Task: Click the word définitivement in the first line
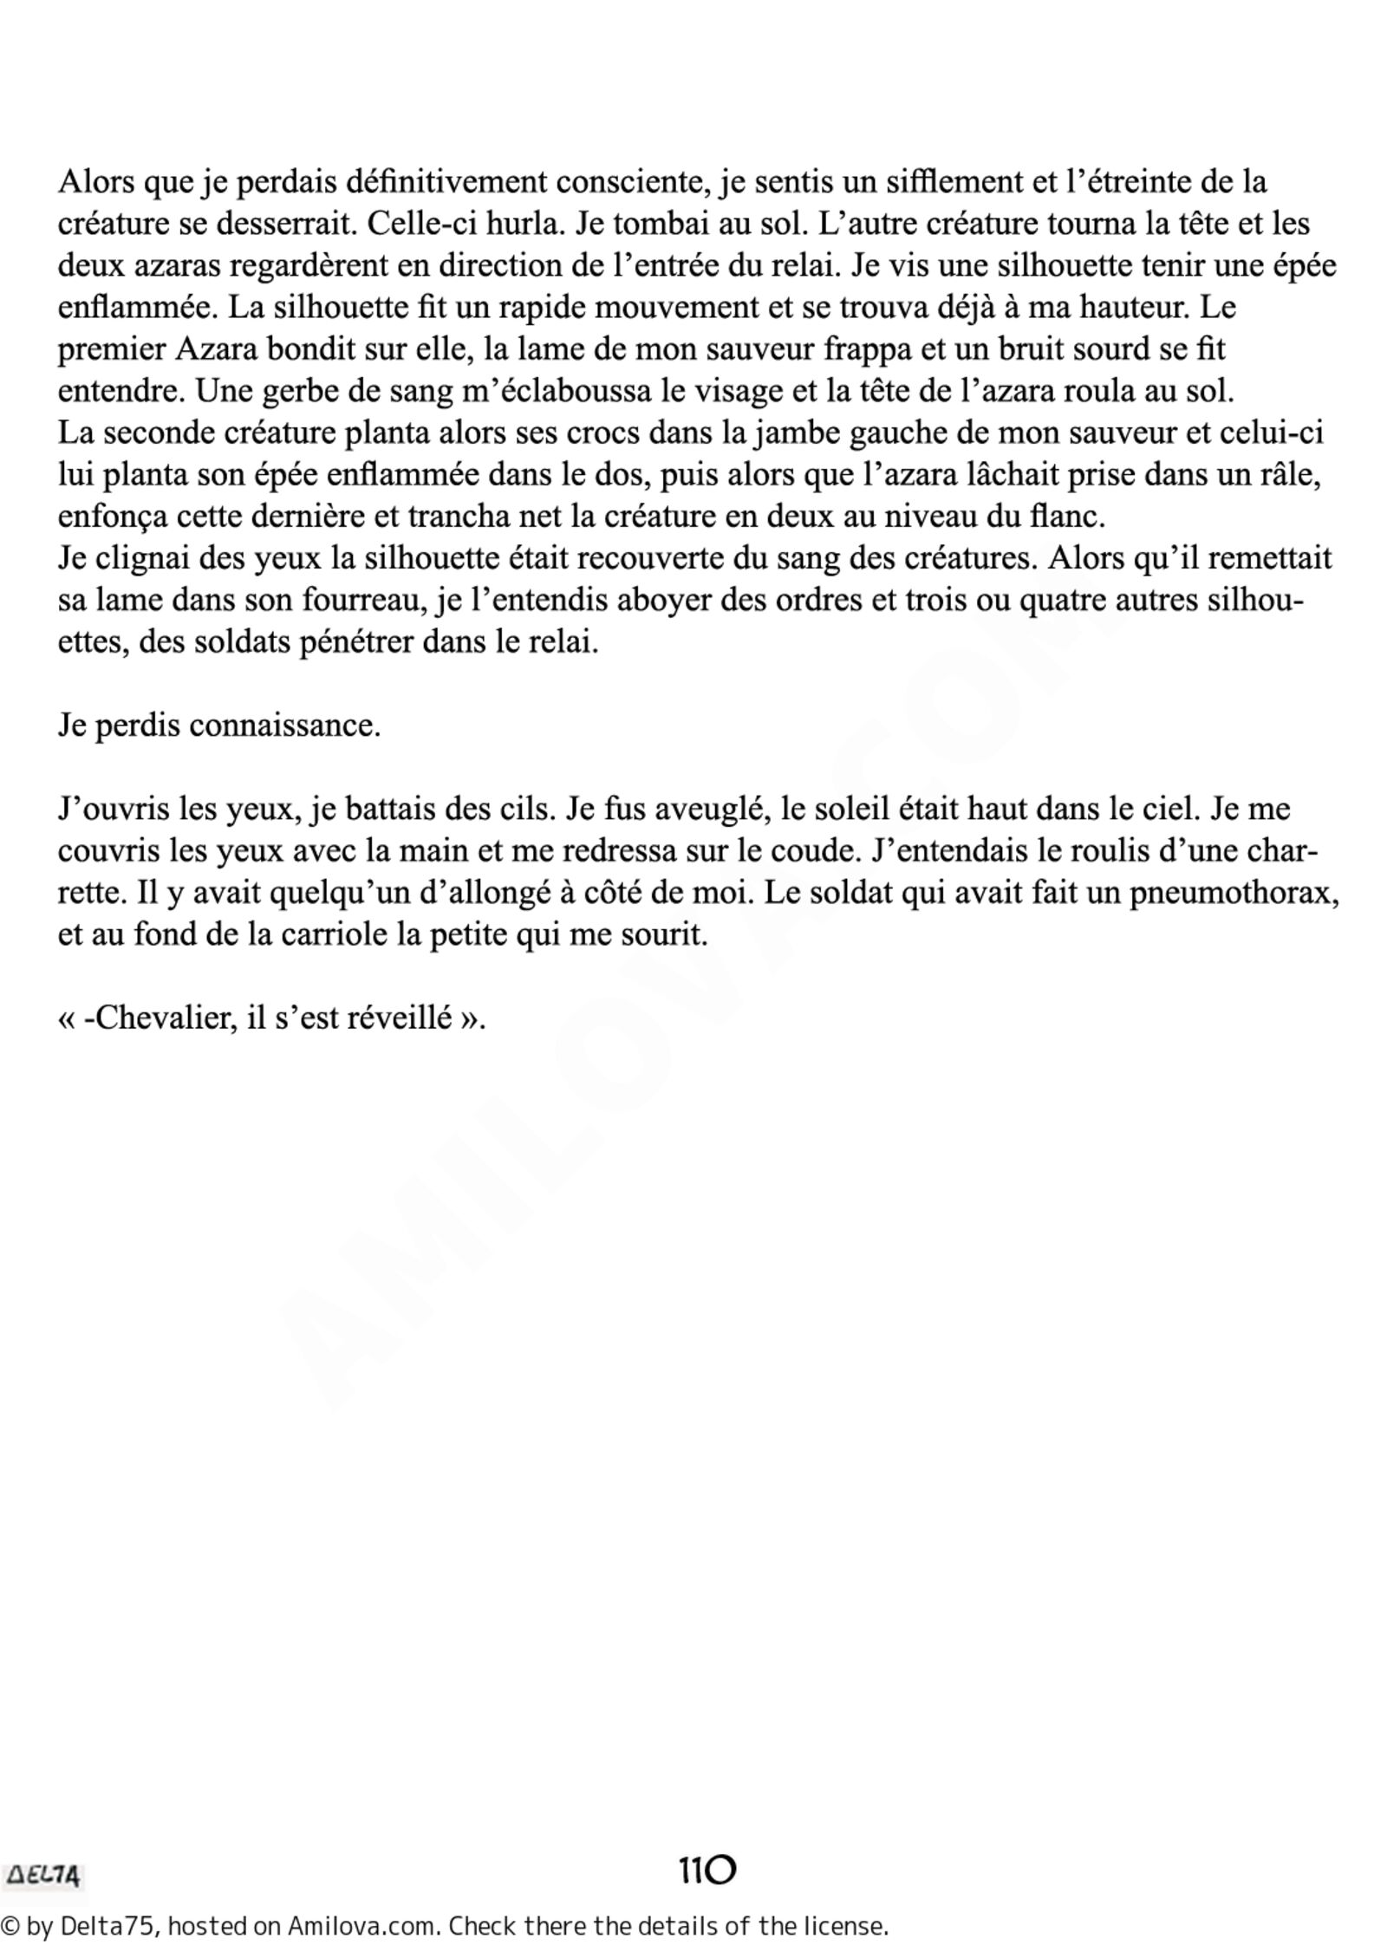(x=446, y=183)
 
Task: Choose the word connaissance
(x=284, y=725)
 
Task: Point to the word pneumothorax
(x=1234, y=893)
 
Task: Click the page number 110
(x=707, y=1871)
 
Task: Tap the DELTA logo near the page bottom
(x=43, y=1877)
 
